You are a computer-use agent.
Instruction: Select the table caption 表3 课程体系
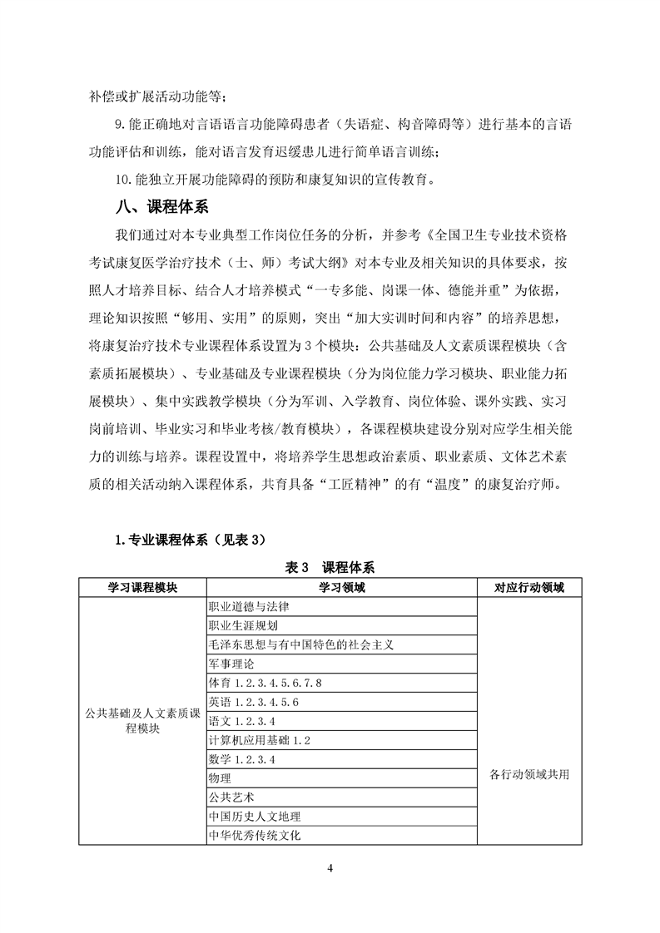(x=330, y=568)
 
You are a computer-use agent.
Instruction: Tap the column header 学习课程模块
(x=142, y=588)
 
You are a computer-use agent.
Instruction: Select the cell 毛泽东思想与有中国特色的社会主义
(x=300, y=645)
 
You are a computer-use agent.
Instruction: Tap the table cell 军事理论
(x=231, y=664)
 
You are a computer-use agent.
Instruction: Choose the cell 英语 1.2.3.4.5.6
(x=254, y=703)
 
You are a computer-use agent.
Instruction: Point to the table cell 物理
(x=220, y=778)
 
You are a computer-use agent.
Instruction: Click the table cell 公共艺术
(x=231, y=797)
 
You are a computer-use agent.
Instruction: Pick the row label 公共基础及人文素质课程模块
(x=142, y=721)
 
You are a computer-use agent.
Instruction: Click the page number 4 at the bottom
(x=330, y=869)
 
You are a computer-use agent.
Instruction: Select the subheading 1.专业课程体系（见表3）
(x=190, y=541)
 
